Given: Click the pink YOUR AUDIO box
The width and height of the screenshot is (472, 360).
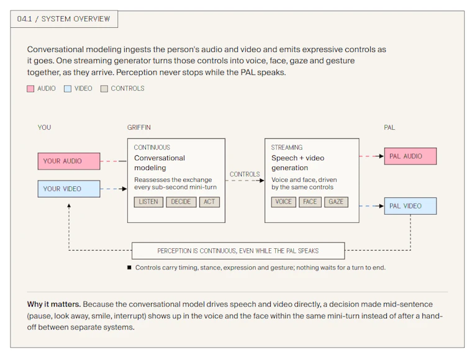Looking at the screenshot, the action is click(x=69, y=161).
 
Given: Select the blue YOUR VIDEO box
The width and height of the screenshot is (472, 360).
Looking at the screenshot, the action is click(x=69, y=189).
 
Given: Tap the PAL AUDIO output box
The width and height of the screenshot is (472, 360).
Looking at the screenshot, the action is click(x=411, y=156).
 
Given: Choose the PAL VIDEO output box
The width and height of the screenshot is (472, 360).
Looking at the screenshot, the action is click(x=411, y=206).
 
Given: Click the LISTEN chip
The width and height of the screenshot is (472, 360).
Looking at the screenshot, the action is click(x=148, y=202).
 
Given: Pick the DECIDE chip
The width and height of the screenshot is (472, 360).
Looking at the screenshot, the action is click(x=181, y=202).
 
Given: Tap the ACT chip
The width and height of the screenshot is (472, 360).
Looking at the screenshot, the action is click(x=209, y=202).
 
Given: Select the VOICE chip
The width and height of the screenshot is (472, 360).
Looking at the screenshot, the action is click(x=284, y=202).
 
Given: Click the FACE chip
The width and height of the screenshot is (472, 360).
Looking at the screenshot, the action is click(x=310, y=202).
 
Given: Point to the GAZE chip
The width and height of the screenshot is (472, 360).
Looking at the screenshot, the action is click(x=336, y=202).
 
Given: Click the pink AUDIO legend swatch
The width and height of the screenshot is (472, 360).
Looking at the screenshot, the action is click(x=30, y=89).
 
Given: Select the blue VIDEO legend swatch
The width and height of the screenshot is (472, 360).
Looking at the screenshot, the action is click(x=68, y=89).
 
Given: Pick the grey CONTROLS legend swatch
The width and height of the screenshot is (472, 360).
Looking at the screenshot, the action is click(x=104, y=89).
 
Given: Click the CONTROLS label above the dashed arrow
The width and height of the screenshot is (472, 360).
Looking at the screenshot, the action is click(x=245, y=174).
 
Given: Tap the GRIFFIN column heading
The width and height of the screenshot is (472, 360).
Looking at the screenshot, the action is click(x=138, y=127).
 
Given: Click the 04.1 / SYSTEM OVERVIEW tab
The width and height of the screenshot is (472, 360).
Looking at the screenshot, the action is click(x=64, y=19).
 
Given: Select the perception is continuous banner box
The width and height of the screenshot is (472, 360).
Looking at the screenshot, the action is click(x=238, y=251).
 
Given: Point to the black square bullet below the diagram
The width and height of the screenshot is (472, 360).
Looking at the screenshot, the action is click(x=129, y=268).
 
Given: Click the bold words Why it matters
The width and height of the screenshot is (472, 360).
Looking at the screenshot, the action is click(x=54, y=304).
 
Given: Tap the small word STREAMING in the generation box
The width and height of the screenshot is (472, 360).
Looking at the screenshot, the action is click(x=287, y=148).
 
